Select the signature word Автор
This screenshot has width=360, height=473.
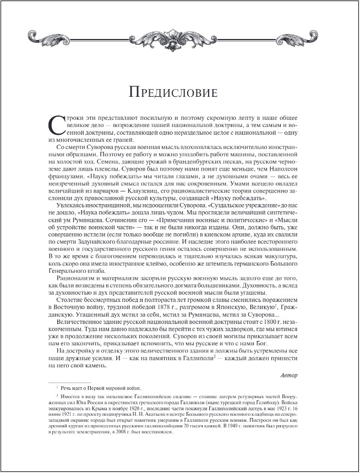click(288, 376)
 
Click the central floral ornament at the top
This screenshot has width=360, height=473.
click(179, 39)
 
